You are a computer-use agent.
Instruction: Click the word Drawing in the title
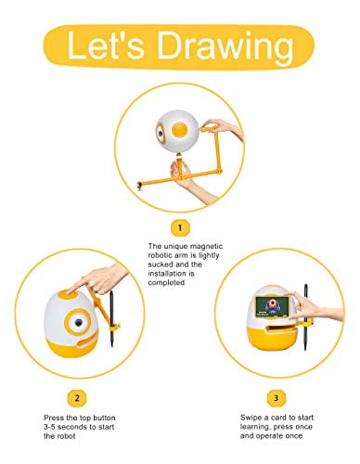(x=225, y=46)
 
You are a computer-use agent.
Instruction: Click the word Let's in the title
(x=105, y=45)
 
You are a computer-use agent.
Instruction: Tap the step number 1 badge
(x=180, y=228)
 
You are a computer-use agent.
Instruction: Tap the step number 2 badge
(x=77, y=398)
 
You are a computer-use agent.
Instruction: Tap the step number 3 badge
(x=276, y=398)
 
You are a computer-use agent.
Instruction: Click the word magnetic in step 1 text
(x=206, y=247)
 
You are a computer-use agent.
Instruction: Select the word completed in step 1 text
(x=166, y=283)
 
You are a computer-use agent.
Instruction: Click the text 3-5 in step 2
(x=50, y=427)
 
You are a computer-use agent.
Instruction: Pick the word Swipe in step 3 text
(x=251, y=418)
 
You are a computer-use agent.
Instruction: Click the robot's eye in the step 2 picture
(x=78, y=322)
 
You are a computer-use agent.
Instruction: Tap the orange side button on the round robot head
(x=180, y=129)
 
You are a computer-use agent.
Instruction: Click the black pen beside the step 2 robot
(x=111, y=318)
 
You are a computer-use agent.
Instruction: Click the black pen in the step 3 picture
(x=306, y=317)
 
